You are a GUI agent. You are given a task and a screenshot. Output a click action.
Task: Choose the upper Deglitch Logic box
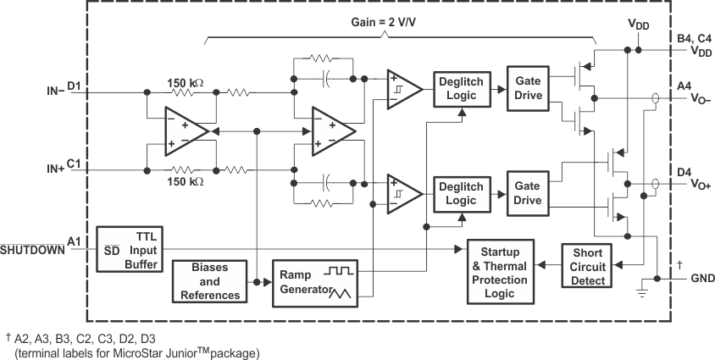[x=461, y=88]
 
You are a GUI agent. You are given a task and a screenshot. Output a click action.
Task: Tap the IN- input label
[x=55, y=89]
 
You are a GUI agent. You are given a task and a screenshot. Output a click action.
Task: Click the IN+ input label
[x=55, y=169]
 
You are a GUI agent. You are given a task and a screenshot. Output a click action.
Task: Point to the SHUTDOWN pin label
[x=31, y=250]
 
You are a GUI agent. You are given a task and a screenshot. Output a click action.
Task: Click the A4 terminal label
[x=685, y=86]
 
